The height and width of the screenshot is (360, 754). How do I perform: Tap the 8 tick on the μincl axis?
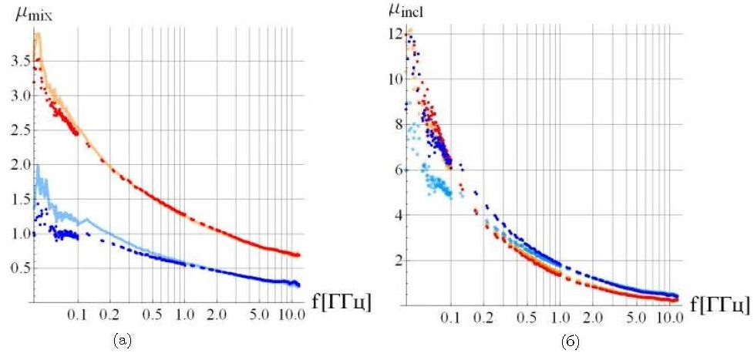click(x=397, y=124)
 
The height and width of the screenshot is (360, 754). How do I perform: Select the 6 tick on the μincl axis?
click(x=397, y=170)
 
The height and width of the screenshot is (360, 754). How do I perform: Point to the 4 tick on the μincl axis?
click(x=397, y=215)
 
